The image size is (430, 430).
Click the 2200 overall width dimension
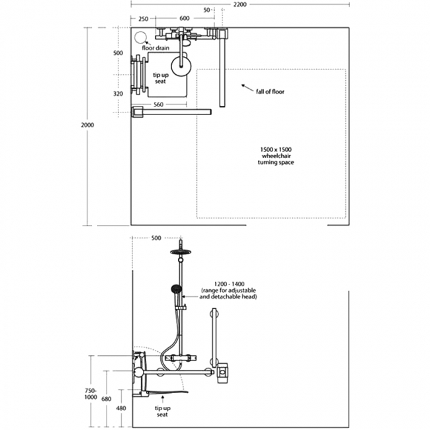(240, 5)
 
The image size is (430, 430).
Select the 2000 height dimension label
(87, 125)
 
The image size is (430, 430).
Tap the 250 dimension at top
(143, 19)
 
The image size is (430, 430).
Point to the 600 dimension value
(185, 18)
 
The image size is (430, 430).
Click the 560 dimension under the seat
(158, 105)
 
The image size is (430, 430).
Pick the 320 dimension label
(118, 94)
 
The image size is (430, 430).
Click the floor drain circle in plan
(140, 38)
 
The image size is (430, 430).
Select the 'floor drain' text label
(155, 48)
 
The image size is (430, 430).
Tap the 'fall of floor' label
(270, 91)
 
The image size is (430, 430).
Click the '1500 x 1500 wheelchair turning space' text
(276, 155)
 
